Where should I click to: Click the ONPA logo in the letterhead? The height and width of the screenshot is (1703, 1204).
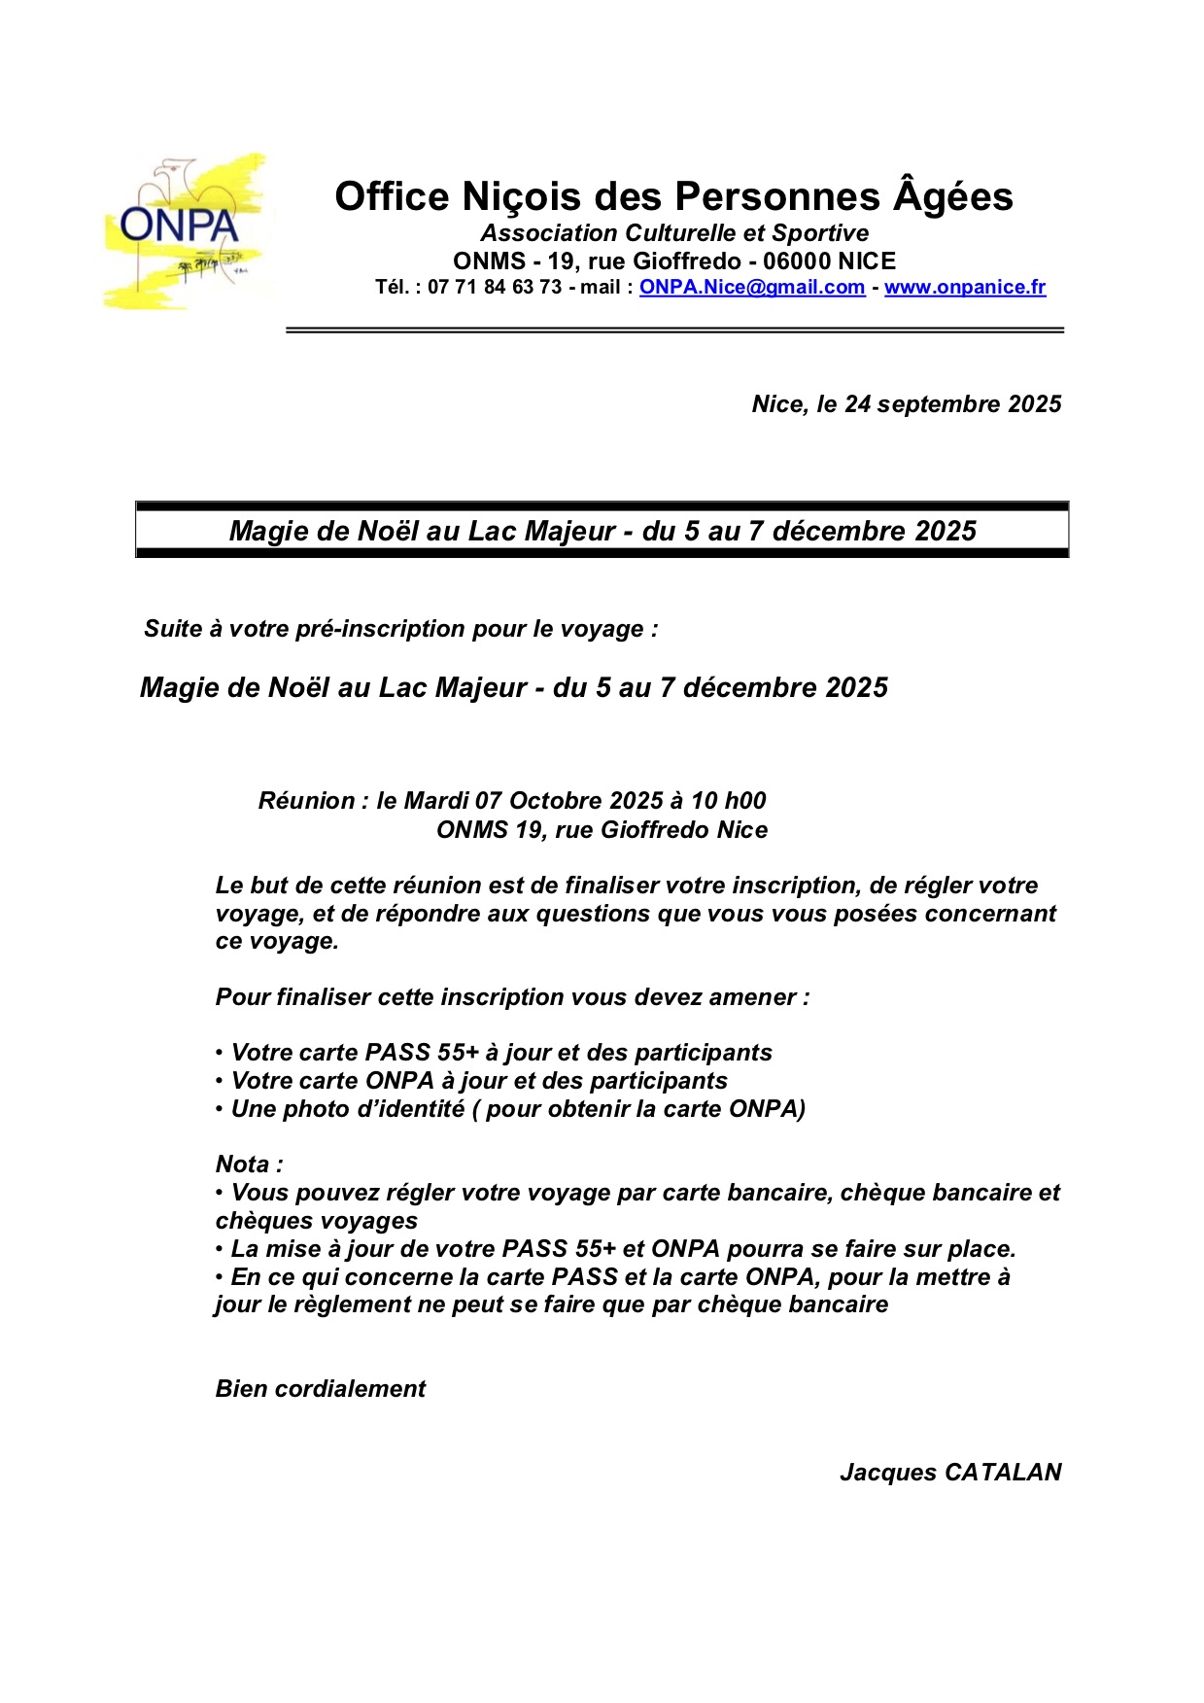184,231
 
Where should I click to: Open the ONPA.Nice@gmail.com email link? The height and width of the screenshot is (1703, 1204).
751,288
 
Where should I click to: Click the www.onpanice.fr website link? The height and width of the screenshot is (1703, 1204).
964,288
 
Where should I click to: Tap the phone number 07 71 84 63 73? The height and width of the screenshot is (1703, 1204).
495,288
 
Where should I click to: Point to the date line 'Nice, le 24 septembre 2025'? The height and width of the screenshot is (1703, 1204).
906,404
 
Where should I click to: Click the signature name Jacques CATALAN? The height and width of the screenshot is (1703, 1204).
949,1473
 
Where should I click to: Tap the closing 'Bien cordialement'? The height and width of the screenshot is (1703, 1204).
320,1389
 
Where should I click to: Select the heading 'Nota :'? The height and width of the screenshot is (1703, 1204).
249,1164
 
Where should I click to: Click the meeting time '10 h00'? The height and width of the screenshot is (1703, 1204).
728,801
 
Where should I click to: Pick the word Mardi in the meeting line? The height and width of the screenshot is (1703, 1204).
435,801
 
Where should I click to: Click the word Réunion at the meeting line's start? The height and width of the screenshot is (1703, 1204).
306,801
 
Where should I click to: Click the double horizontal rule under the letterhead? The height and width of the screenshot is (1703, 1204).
674,330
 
